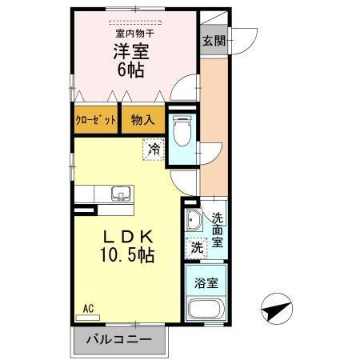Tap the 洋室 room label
[x=129, y=51]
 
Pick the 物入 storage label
[x=142, y=120]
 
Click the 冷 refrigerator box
[x=155, y=148]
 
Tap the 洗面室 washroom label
[x=218, y=229]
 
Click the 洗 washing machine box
[x=196, y=248]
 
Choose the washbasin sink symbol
[x=193, y=221]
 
